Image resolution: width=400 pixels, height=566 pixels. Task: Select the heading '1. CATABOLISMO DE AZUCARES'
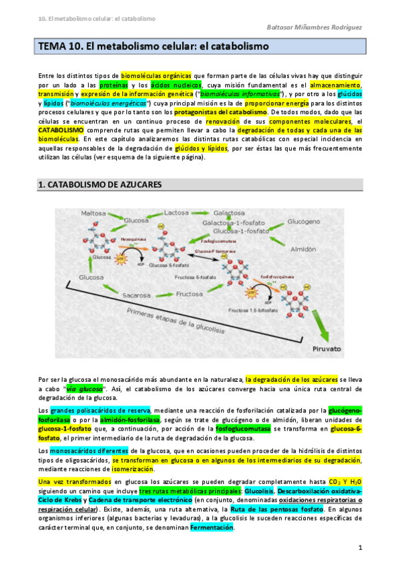[100, 184]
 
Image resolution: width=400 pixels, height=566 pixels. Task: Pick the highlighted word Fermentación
[212, 527]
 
